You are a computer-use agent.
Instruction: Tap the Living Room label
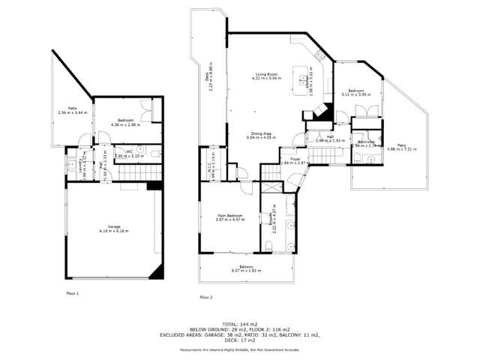(262, 74)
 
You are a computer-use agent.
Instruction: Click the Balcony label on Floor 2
(246, 268)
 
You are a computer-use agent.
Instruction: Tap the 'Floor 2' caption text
(206, 297)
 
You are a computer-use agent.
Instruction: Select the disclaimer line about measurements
(239, 350)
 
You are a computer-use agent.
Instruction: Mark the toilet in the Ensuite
(268, 247)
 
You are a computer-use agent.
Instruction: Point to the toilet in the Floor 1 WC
(151, 152)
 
